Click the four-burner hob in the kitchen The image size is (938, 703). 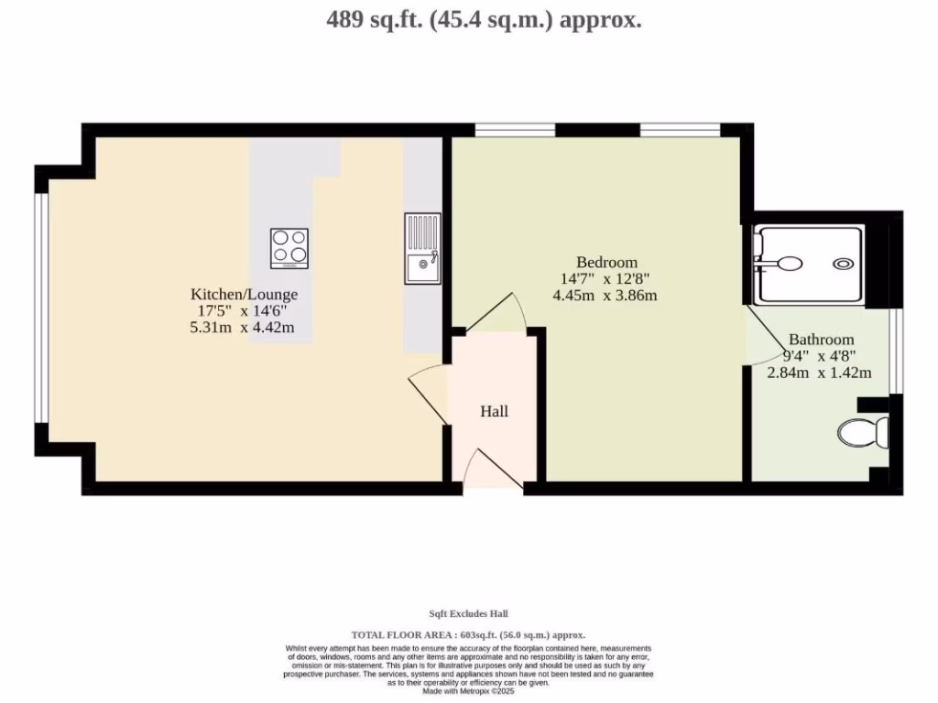coord(289,248)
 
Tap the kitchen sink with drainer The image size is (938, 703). coord(422,249)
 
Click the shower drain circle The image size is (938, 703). coord(843,264)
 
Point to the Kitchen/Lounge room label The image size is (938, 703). coord(244,294)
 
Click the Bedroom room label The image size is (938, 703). coord(606,262)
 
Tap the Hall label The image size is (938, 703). coord(495,411)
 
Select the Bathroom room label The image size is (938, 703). coord(822,339)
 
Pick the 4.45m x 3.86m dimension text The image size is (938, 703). coord(605,295)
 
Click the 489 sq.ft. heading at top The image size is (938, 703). coord(484,19)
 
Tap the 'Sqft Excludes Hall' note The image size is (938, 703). coord(468,613)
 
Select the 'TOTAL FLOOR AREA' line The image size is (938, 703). coord(468,634)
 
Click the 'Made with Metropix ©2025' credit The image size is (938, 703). coord(468,692)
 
